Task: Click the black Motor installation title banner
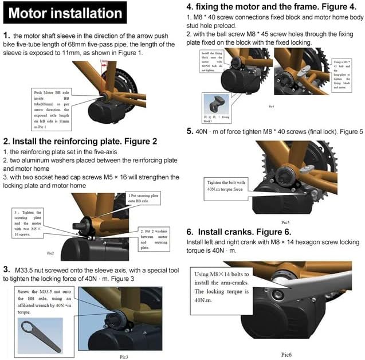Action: tap(66, 13)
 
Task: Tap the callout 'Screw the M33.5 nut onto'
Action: tap(45, 300)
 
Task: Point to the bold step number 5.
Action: tap(190, 132)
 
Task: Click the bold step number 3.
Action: tap(6, 269)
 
